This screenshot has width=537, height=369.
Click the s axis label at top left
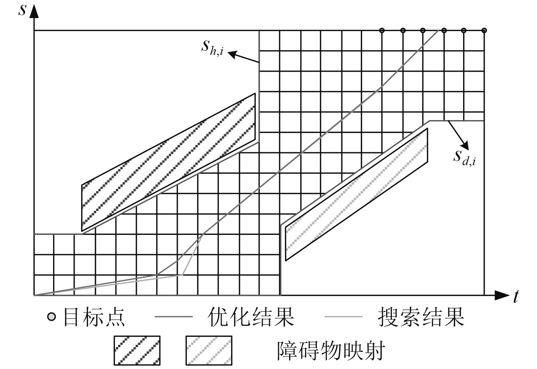(23, 9)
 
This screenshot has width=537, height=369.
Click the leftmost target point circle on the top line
(382, 30)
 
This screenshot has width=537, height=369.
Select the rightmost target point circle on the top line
(484, 30)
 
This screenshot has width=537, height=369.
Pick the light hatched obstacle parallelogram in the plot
(356, 195)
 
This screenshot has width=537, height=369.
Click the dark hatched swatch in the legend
(137, 350)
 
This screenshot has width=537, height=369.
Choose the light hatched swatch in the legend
(209, 350)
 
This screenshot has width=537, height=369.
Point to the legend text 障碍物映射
(331, 350)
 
